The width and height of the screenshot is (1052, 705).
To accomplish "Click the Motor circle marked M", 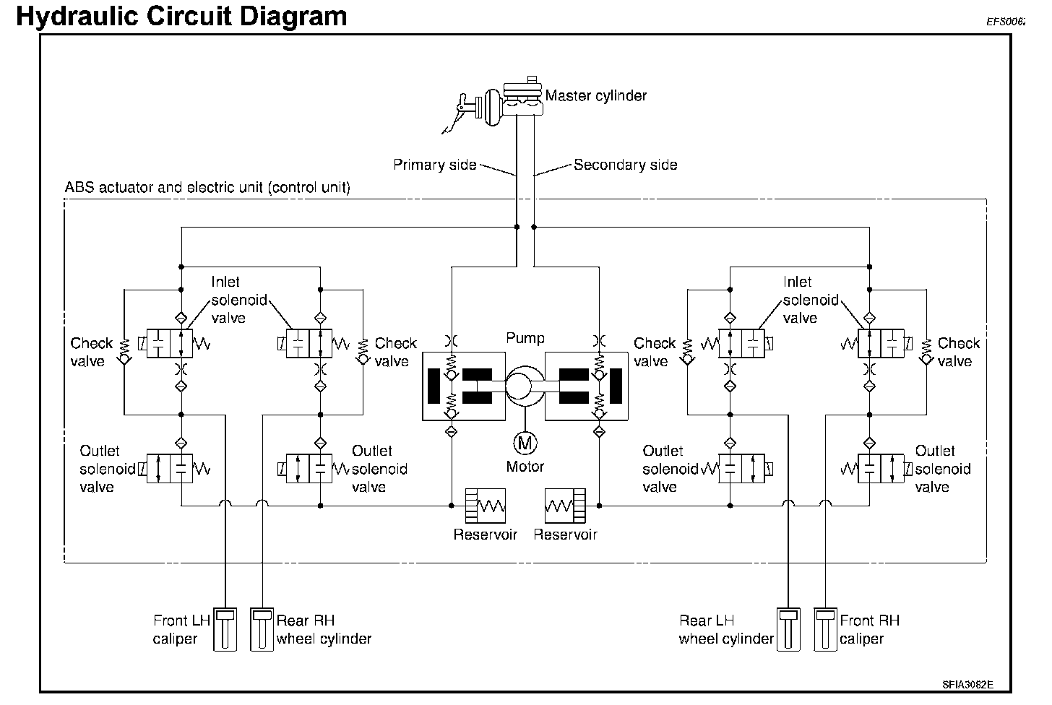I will [525, 441].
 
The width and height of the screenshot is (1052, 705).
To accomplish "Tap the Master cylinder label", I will [595, 95].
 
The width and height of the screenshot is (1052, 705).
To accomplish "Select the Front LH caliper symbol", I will [225, 630].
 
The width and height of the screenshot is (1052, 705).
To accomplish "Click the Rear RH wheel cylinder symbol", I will [262, 630].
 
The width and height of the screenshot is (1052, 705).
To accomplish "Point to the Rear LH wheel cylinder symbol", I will [788, 630].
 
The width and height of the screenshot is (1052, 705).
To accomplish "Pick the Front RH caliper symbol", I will [824, 630].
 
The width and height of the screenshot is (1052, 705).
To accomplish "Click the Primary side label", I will [434, 165].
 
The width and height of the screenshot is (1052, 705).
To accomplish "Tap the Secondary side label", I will [625, 165].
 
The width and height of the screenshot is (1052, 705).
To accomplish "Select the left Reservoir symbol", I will [486, 505].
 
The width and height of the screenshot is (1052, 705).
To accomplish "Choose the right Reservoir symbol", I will [565, 505].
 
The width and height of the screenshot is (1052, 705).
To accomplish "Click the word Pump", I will [525, 338].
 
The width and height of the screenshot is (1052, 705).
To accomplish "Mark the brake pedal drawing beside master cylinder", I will [460, 112].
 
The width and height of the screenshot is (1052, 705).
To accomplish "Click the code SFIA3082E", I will [967, 683].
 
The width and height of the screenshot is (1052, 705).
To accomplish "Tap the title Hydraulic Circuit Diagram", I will [181, 16].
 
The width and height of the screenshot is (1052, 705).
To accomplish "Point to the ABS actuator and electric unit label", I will [207, 188].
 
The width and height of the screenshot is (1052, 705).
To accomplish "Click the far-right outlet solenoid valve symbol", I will [880, 469].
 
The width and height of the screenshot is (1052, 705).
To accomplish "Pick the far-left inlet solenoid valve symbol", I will [171, 343].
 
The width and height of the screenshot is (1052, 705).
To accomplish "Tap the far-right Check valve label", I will [958, 352].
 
